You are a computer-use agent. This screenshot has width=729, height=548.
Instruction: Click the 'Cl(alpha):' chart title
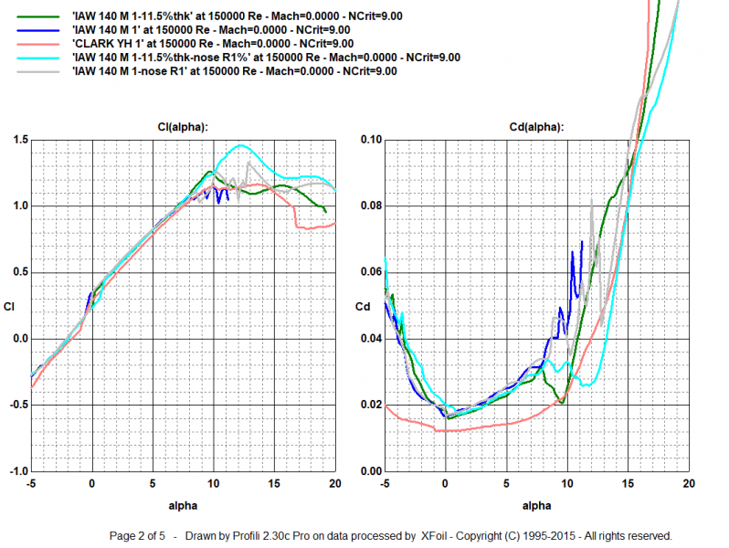pyautogui.click(x=184, y=127)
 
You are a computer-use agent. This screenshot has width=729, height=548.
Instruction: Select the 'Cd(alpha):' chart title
pyautogui.click(x=536, y=127)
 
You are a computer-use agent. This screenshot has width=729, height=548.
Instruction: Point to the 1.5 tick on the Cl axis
pyautogui.click(x=20, y=140)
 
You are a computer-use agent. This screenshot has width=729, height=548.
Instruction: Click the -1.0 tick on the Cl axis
pyautogui.click(x=18, y=471)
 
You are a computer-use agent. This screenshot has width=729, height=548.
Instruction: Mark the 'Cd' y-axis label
pyautogui.click(x=362, y=306)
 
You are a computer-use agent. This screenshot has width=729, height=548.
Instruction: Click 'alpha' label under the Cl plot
pyautogui.click(x=184, y=503)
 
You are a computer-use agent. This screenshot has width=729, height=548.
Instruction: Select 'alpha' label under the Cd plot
pyautogui.click(x=536, y=503)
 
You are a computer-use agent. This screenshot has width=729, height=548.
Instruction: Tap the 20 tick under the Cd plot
pyautogui.click(x=688, y=483)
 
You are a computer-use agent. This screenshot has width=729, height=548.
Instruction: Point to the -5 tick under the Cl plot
pyautogui.click(x=31, y=483)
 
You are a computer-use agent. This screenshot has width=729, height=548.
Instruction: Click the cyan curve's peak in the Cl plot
pyautogui.click(x=242, y=145)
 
